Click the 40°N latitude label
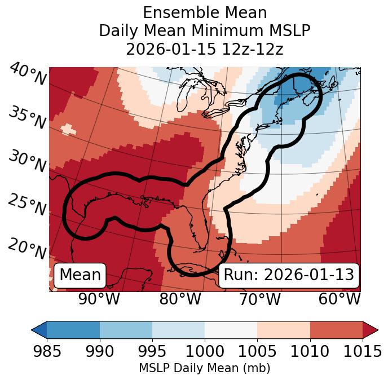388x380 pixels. coord(27,75)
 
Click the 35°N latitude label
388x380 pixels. coord(27,117)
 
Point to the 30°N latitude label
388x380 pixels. coord(27,162)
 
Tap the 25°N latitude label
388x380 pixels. coord(27,205)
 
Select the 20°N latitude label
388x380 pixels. coord(27,248)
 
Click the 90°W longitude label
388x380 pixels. coord(99,299)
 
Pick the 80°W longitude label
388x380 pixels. coord(180,299)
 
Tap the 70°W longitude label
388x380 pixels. coord(259,299)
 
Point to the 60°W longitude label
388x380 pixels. coord(339,299)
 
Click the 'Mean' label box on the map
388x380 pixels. coord(80,275)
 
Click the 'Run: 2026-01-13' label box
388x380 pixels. coord(289,275)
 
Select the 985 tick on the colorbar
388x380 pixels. coord(47,351)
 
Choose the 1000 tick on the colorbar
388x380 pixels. coord(204,351)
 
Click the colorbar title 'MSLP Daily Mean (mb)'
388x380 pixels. coord(204,368)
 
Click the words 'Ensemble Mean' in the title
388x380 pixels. coord(204,12)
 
